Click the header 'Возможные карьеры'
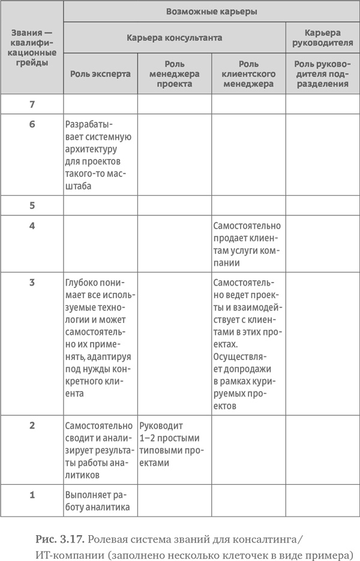[211, 11]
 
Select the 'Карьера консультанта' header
[175, 37]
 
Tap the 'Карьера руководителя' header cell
[323, 37]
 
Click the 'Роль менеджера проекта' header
[174, 74]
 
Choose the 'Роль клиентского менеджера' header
[248, 74]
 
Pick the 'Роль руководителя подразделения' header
[323, 74]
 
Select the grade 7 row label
[32, 104]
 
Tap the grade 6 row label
[32, 125]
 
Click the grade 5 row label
[32, 205]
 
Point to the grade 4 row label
[32, 226]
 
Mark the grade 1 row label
[32, 495]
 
